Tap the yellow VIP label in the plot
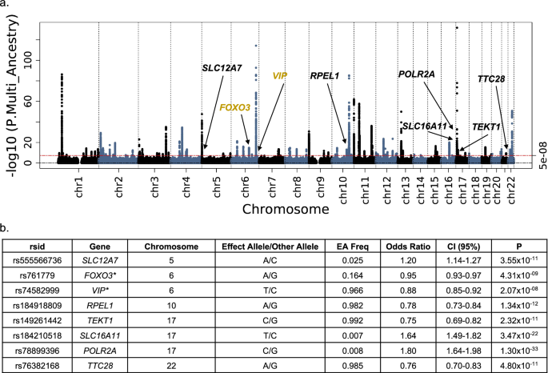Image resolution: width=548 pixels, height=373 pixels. click(279, 75)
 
